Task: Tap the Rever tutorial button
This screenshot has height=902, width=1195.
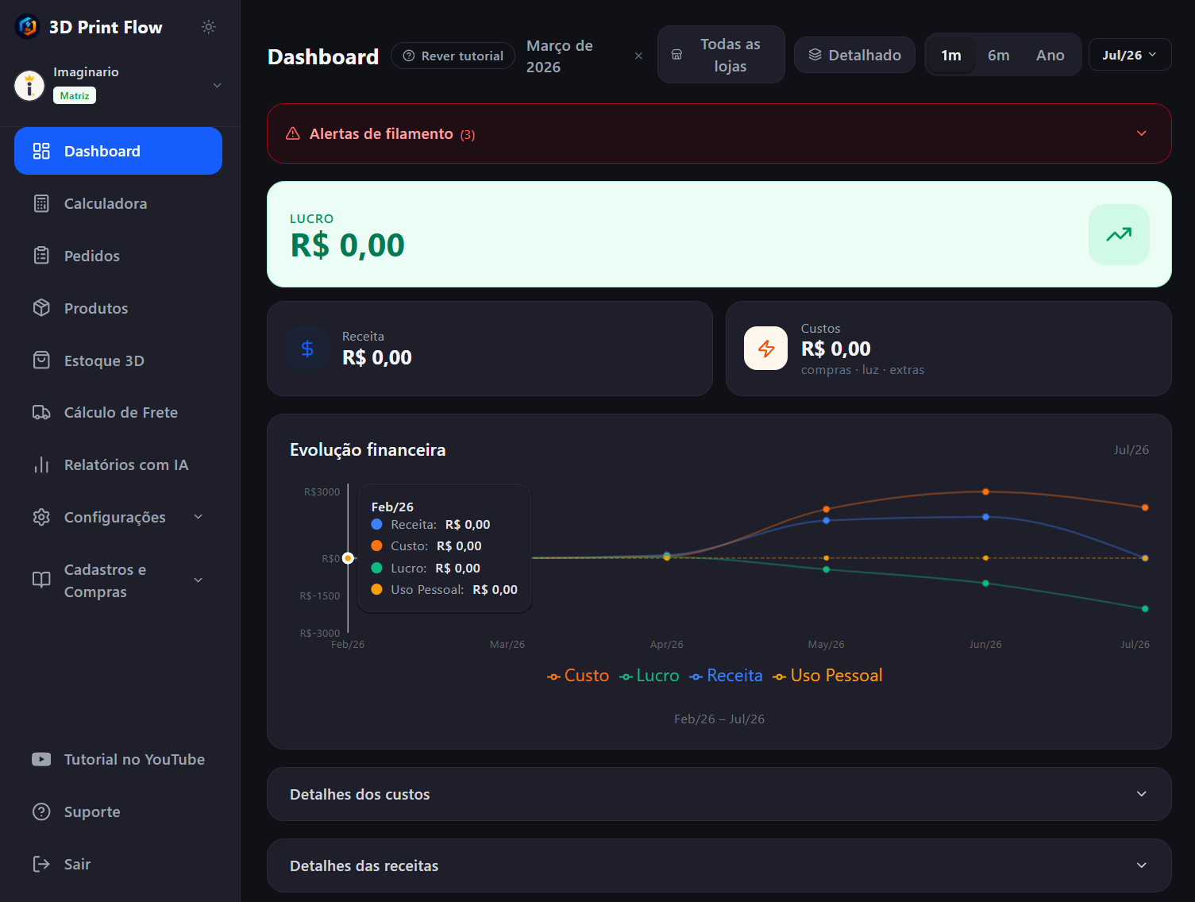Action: (453, 56)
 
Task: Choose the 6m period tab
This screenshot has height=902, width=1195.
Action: (998, 55)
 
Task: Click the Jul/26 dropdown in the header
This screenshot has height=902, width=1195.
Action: (1130, 55)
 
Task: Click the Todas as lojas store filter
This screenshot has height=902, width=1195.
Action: (721, 55)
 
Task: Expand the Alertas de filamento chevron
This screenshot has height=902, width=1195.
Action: (1142, 133)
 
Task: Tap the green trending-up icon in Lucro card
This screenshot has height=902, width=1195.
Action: (1119, 234)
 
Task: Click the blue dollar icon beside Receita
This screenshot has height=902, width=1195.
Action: (307, 349)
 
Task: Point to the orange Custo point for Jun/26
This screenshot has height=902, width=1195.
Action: (985, 491)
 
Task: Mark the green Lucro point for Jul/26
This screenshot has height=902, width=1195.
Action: (1145, 608)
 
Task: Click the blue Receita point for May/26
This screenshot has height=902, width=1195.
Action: (826, 520)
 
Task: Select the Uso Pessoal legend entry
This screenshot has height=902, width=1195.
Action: (827, 676)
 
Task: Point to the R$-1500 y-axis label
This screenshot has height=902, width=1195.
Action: (319, 596)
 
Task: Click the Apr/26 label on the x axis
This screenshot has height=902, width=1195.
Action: (666, 645)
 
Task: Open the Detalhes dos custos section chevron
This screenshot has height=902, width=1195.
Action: (1142, 794)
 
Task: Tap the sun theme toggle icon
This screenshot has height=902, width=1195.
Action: (209, 27)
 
